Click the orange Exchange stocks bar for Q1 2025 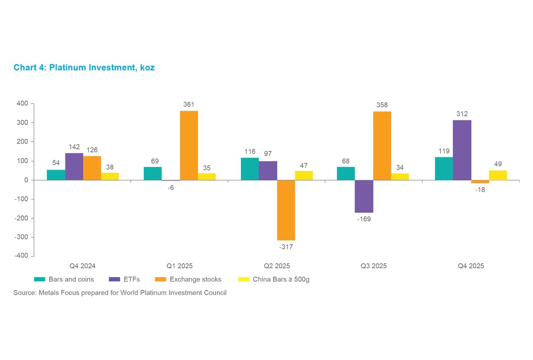[x=189, y=146]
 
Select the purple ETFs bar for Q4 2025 [x=462, y=150]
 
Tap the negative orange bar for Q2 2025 [x=286, y=210]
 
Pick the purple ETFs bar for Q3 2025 [x=364, y=196]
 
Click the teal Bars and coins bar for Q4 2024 [x=56, y=175]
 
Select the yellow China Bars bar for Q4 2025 [x=498, y=175]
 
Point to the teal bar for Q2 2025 [x=250, y=169]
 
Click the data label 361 [x=189, y=105]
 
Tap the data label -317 [x=286, y=247]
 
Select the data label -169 [x=364, y=219]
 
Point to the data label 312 [x=462, y=114]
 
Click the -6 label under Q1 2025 [x=171, y=187]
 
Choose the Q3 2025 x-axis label [x=373, y=266]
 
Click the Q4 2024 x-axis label [x=83, y=266]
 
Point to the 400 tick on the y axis [x=22, y=103]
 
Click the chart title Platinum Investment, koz [x=84, y=68]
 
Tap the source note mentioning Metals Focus [x=120, y=293]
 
